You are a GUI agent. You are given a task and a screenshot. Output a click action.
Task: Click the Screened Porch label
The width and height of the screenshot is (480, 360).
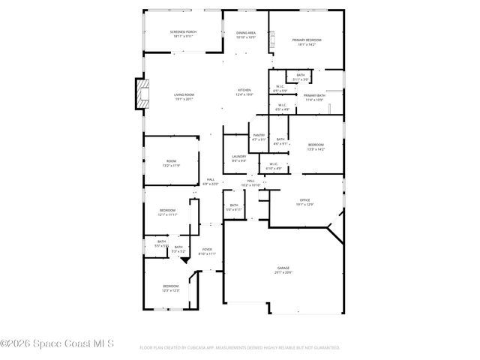pos(163,34)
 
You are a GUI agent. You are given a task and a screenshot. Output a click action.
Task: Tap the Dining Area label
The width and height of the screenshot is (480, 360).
pos(246,34)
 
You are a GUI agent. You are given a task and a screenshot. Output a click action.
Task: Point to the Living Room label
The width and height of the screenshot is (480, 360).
pos(184,96)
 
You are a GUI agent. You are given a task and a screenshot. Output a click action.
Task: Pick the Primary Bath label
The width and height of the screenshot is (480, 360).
pos(314,97)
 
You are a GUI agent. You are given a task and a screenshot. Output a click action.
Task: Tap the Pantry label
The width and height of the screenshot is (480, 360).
pos(259,136)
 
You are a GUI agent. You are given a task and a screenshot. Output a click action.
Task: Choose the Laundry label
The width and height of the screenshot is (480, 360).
pos(238,158)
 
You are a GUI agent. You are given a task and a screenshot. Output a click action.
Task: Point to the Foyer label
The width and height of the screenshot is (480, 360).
pos(207,251)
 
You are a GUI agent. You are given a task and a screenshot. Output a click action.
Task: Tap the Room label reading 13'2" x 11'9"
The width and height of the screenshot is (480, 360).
pos(171,163)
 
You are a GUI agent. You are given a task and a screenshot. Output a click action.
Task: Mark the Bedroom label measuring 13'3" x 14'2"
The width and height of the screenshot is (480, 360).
pos(316,146)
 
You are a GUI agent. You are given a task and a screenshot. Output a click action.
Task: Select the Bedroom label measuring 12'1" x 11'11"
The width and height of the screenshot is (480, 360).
pos(166,212)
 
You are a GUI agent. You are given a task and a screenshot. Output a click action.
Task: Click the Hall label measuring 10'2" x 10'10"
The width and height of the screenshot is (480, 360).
pos(250,183)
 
